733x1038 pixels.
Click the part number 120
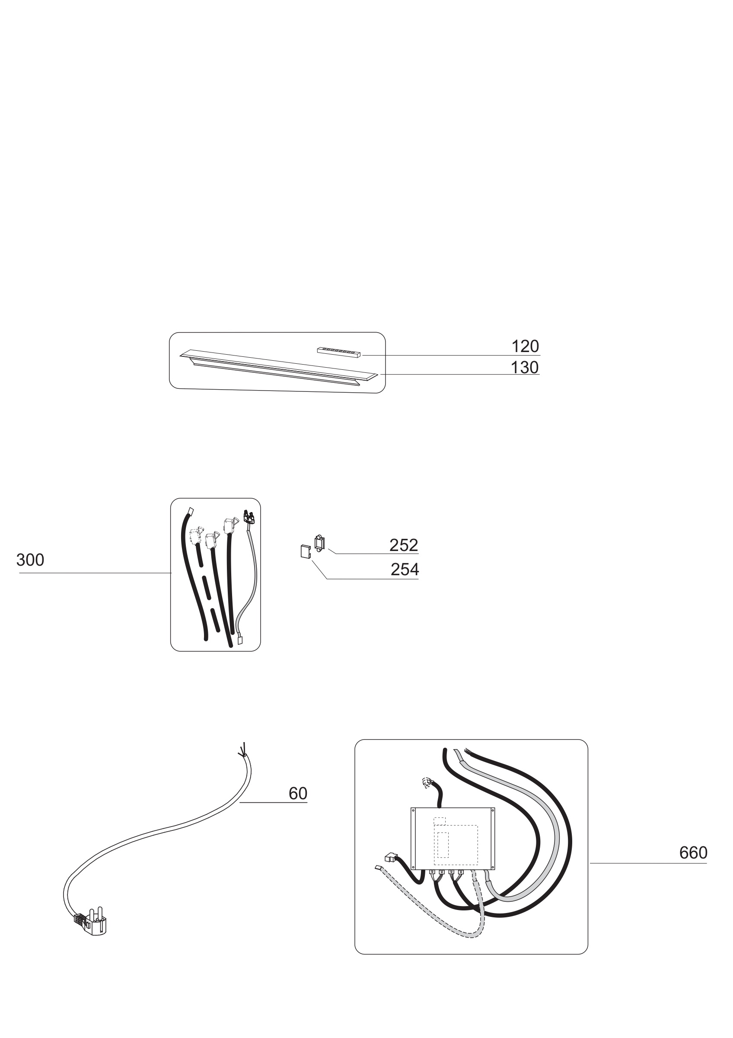click(x=525, y=346)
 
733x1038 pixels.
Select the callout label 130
click(x=525, y=368)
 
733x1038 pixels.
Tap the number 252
click(x=404, y=545)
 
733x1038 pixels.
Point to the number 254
click(x=405, y=570)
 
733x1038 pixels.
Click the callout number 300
click(x=30, y=560)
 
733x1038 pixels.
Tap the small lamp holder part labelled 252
click(x=320, y=543)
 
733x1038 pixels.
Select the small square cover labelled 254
click(x=306, y=552)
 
